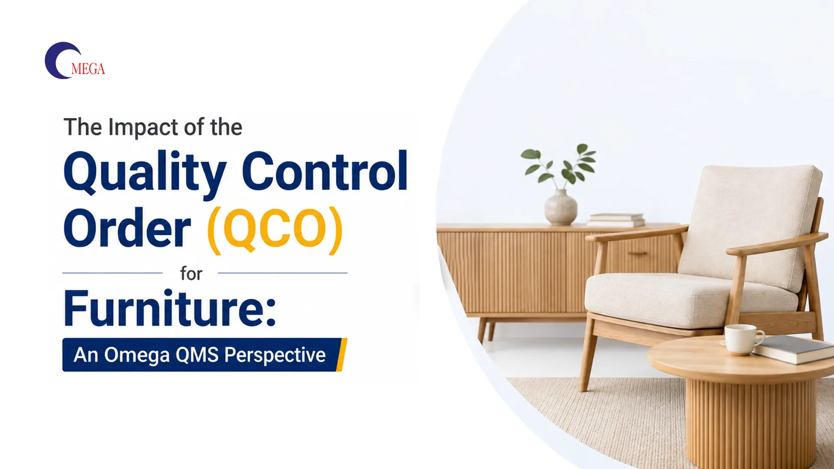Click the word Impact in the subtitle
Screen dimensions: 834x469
click(x=143, y=128)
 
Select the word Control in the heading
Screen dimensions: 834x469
click(x=324, y=171)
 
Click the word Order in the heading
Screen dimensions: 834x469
click(x=127, y=228)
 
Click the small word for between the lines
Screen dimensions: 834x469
click(x=191, y=274)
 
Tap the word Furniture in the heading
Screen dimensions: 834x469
click(x=169, y=308)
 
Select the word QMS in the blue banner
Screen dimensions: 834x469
click(x=197, y=355)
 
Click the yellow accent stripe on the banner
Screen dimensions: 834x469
click(x=342, y=355)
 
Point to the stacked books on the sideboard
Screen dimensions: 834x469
click(x=616, y=220)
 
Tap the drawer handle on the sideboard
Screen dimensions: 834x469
click(x=638, y=253)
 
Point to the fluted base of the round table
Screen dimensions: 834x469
click(x=751, y=423)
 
